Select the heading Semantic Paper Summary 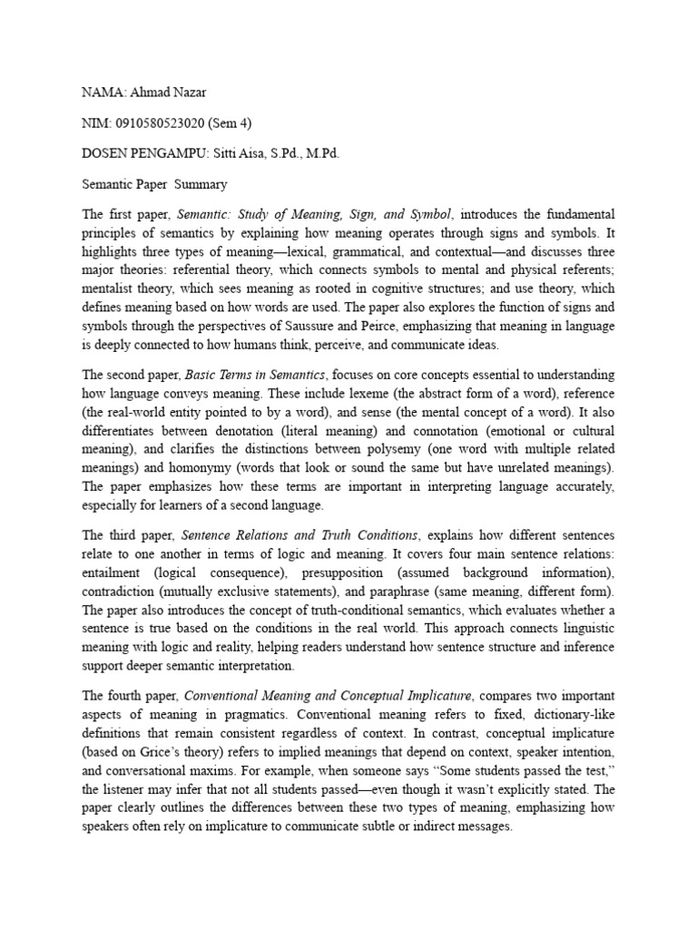click(154, 184)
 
